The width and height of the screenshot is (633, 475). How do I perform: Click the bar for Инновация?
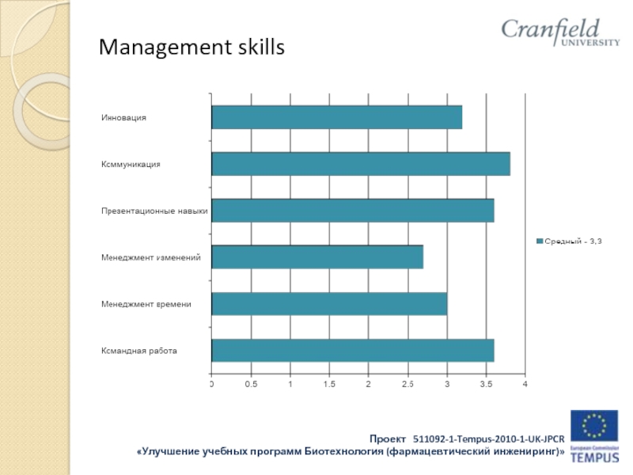pyautogui.click(x=336, y=117)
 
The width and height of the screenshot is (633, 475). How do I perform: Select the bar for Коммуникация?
pyautogui.click(x=360, y=164)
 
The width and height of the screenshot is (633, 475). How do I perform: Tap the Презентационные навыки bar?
pyautogui.click(x=352, y=211)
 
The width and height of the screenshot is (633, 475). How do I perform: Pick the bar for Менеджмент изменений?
pyautogui.click(x=316, y=257)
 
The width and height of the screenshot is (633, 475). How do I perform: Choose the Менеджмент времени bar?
pyautogui.click(x=328, y=304)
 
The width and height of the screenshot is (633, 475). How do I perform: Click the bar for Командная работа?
pyautogui.click(x=352, y=350)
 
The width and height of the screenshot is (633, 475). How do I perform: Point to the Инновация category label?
pyautogui.click(x=124, y=117)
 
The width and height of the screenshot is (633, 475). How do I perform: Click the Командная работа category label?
pyautogui.click(x=139, y=350)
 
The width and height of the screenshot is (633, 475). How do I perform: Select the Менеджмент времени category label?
pyautogui.click(x=146, y=304)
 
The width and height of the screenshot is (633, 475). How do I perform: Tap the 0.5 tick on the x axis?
pyautogui.click(x=251, y=384)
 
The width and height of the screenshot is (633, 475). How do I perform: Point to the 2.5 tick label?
pyautogui.click(x=407, y=384)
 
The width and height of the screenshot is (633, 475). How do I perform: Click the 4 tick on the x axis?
pyautogui.click(x=525, y=384)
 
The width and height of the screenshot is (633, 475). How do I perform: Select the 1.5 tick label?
pyautogui.click(x=329, y=384)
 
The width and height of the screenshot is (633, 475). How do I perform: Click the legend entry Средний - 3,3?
pyautogui.click(x=569, y=241)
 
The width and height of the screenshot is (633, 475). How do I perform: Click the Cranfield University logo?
pyautogui.click(x=560, y=32)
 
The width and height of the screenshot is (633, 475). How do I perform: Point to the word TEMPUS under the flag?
pyautogui.click(x=595, y=458)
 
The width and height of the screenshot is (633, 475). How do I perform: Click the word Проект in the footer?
pyautogui.click(x=388, y=438)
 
